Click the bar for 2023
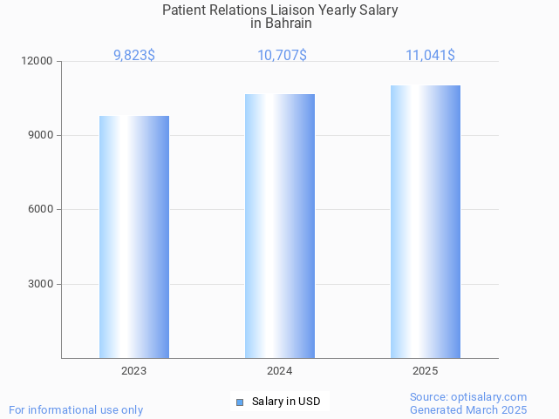click(133, 237)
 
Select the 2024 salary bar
click(279, 226)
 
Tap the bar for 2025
click(425, 221)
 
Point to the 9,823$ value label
click(134, 55)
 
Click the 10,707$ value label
click(282, 55)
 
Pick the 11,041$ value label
click(430, 55)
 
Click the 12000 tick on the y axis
click(38, 62)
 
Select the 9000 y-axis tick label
click(41, 136)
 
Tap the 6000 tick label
click(41, 210)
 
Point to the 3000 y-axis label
click(41, 284)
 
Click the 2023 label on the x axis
click(133, 371)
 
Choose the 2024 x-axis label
click(279, 371)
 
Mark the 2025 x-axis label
click(425, 371)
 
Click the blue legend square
click(241, 402)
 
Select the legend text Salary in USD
click(286, 402)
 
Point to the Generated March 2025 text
click(468, 409)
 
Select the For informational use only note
click(76, 409)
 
